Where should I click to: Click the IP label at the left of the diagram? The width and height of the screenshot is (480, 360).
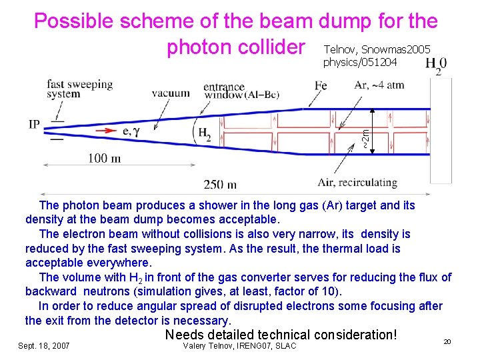tap(35, 125)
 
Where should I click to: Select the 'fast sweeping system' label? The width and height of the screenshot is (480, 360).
tap(79, 89)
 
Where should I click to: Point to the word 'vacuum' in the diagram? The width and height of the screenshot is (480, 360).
tap(170, 93)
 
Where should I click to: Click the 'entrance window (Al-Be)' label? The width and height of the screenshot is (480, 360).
tap(241, 91)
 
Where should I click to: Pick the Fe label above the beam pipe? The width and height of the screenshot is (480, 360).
tap(321, 85)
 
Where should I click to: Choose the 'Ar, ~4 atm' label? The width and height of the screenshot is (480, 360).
tap(379, 85)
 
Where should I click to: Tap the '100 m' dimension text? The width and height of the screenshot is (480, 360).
tap(103, 158)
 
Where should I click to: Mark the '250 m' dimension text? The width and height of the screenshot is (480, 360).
tap(221, 184)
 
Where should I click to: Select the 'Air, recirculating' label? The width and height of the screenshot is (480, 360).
tap(357, 182)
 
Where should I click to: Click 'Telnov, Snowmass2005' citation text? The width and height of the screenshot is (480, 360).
tap(377, 49)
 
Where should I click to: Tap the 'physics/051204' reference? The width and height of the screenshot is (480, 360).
tap(359, 63)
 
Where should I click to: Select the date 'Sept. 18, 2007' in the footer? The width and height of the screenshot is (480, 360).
tap(45, 345)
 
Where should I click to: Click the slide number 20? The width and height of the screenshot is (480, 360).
tap(447, 341)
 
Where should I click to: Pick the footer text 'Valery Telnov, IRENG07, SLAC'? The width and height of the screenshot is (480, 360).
tap(239, 345)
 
